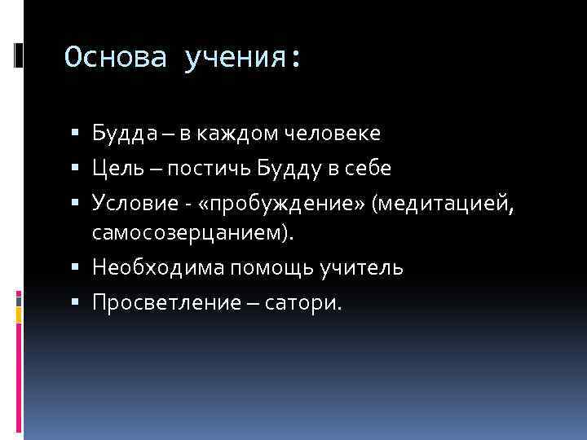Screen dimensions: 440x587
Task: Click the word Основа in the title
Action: pos(117,58)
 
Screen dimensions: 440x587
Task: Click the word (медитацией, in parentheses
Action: pos(443,202)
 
